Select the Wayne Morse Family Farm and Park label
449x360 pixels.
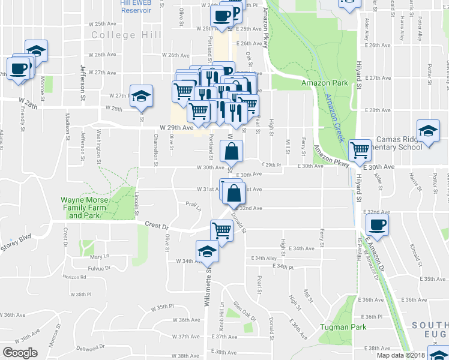(83, 208)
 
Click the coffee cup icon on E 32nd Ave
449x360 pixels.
(377, 225)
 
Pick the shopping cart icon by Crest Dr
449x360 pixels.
(221, 230)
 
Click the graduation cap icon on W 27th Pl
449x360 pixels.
(141, 95)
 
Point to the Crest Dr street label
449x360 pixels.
(157, 226)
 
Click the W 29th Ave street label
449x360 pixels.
(176, 128)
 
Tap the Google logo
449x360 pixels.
(20, 352)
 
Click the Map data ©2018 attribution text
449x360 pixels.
(401, 355)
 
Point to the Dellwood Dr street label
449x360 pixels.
(91, 347)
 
